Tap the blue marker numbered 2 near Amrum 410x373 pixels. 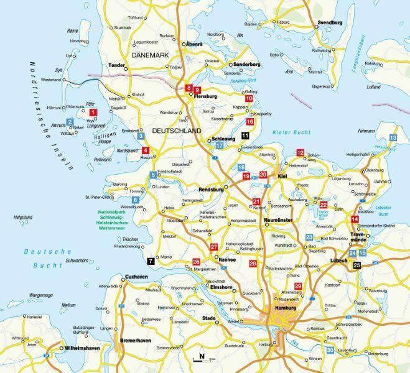[70, 122]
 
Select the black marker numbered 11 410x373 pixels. [245, 135]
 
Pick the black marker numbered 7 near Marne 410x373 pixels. [150, 262]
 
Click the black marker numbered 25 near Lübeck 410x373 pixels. [356, 265]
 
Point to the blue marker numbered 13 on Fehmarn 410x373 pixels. [393, 137]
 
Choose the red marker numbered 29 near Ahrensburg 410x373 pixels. [298, 285]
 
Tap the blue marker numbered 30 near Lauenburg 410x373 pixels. [330, 351]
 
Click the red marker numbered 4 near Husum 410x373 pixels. [146, 150]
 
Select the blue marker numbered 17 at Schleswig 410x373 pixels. [220, 145]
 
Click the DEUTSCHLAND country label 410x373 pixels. [177, 131]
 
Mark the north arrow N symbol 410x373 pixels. [201, 357]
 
